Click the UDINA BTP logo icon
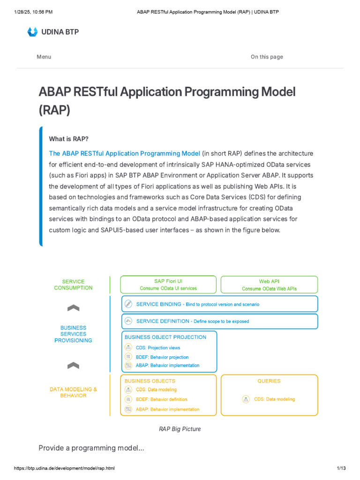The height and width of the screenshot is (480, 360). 32,32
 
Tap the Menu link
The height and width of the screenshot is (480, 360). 44,57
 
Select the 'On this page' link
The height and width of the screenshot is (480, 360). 267,57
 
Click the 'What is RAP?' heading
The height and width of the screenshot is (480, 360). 68,139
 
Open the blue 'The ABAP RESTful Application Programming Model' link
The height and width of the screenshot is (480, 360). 124,153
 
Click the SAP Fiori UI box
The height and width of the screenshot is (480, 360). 168,285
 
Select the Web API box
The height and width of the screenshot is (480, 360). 269,285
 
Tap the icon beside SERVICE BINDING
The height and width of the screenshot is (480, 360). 128,304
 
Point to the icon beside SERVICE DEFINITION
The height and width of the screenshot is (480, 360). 128,321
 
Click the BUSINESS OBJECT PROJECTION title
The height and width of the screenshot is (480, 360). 165,337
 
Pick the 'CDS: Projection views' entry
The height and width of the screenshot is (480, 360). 158,348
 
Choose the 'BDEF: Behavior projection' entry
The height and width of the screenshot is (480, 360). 162,357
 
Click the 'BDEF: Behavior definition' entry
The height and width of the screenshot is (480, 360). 161,399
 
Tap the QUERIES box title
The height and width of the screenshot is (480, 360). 269,381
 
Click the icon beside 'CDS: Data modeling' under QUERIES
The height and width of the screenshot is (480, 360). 246,399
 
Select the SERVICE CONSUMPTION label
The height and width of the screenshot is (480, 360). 73,285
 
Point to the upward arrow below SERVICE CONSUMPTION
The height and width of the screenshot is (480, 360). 73,308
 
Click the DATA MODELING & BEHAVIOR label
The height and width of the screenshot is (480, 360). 73,392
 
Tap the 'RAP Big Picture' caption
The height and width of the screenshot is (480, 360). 180,429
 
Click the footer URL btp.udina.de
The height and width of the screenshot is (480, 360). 64,468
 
